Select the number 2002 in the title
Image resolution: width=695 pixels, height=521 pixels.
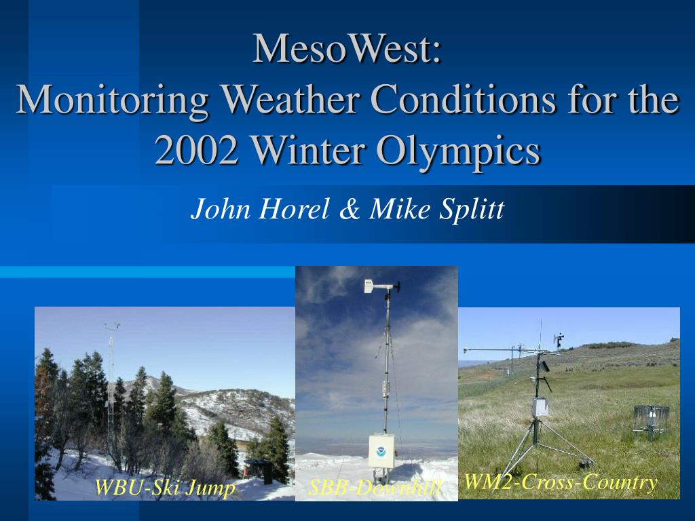196,149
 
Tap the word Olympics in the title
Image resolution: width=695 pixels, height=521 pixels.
458,151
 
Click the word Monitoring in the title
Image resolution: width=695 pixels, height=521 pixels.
113,100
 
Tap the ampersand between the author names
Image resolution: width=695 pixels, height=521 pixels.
350,209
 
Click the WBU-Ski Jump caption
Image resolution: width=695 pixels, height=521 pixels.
164,488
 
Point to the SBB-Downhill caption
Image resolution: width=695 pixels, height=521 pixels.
375,488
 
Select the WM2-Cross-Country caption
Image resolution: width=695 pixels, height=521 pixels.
560,482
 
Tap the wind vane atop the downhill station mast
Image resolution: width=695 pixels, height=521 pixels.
381,286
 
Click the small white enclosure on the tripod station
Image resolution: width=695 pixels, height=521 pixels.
540,407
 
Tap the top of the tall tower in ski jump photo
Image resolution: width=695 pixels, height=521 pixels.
112,326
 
